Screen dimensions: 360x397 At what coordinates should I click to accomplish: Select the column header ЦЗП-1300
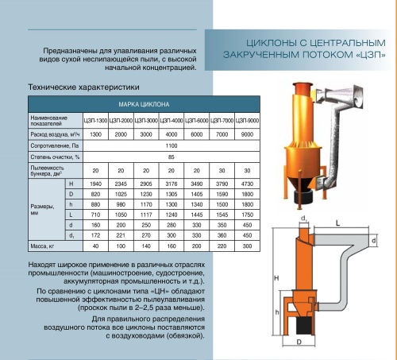95,119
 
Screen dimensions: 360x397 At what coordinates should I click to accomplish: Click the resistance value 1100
172,146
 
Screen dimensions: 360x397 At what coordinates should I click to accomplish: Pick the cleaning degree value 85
172,157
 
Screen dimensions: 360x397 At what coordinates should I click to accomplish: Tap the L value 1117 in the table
145,214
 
